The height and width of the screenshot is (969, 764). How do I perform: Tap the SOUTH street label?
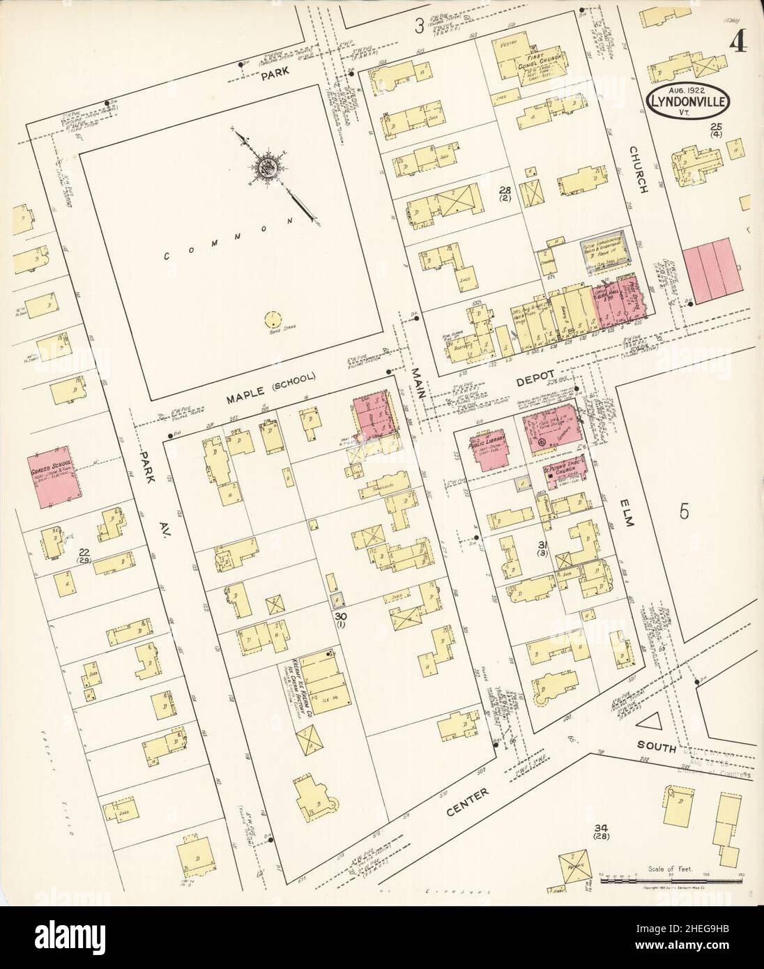657,749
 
